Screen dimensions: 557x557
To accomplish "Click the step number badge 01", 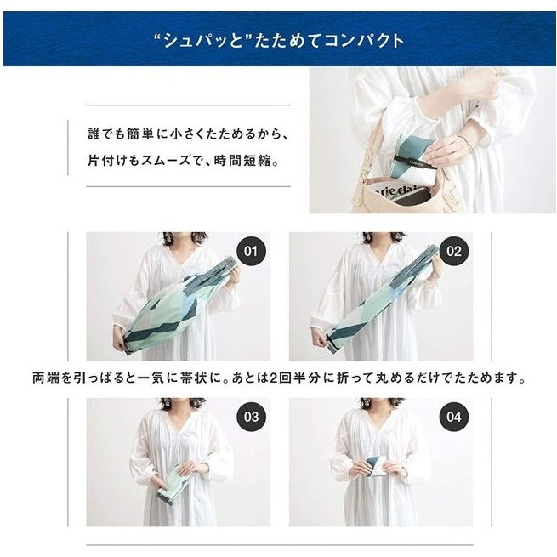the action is (250, 252).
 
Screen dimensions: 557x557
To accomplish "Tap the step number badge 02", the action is (453, 252).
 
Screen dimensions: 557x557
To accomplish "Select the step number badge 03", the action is (250, 417).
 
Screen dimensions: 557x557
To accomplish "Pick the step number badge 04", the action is (453, 417).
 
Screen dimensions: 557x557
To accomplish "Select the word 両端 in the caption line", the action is (45, 378).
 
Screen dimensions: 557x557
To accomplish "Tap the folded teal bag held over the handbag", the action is (415, 157).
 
